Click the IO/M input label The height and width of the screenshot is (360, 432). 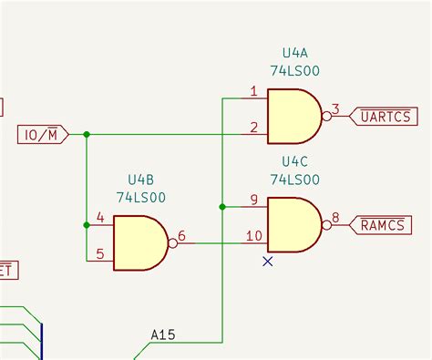(44, 135)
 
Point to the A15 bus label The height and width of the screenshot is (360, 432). (163, 335)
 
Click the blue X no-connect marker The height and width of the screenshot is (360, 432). (268, 261)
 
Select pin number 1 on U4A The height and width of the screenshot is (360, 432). (253, 92)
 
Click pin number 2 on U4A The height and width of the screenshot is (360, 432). (253, 126)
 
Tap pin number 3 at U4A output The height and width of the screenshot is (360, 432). (335, 109)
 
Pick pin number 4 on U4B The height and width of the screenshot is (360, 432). (99, 218)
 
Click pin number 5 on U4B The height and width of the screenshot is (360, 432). (99, 253)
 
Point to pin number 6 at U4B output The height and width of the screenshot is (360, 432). (181, 236)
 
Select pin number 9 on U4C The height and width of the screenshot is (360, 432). (253, 200)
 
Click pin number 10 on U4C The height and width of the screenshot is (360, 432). (253, 235)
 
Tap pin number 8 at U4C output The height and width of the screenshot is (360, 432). (335, 218)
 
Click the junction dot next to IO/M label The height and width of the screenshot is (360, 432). (87, 135)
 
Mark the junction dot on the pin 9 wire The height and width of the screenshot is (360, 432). (222, 207)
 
